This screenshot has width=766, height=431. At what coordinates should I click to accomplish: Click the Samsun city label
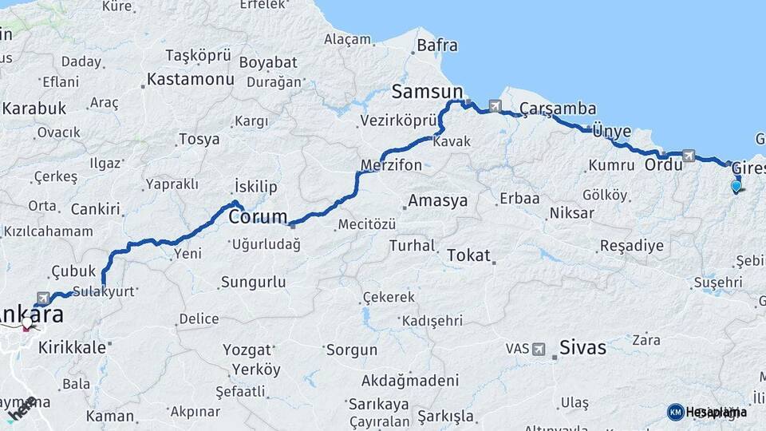[x=427, y=92]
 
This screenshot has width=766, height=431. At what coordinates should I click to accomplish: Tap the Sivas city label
[x=582, y=348]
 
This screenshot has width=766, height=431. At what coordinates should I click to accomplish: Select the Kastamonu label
[x=190, y=80]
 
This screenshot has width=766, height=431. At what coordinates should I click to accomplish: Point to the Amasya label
[x=437, y=200]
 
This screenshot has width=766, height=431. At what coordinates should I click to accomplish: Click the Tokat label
[x=468, y=255]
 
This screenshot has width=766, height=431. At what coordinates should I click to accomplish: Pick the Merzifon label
[x=391, y=165]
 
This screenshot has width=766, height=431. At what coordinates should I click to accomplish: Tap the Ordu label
[x=664, y=165]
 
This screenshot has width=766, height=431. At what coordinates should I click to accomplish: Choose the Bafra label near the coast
[x=437, y=45]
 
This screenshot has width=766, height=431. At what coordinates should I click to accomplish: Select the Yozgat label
[x=247, y=350]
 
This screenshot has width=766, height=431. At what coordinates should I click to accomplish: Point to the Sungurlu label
[x=253, y=282]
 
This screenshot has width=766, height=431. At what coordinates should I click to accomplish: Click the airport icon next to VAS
[x=539, y=350]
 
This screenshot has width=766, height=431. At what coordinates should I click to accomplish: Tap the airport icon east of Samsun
[x=496, y=105]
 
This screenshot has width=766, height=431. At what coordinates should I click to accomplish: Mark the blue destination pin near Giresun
[x=736, y=187]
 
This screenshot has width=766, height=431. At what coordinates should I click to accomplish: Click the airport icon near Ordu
[x=688, y=156]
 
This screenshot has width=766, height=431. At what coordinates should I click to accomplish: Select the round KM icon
[x=675, y=412]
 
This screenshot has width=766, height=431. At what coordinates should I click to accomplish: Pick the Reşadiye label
[x=631, y=246]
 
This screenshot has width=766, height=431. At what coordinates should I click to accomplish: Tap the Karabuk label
[x=34, y=109]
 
